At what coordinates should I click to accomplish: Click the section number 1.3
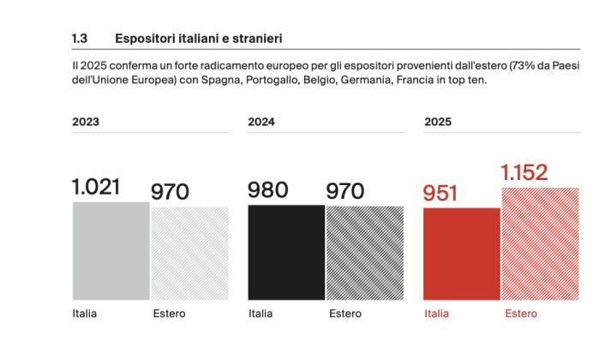tap(81, 39)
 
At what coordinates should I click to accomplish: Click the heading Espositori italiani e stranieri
tap(200, 39)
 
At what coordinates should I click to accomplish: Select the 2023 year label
tap(86, 122)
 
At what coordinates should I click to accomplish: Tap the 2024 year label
tap(261, 122)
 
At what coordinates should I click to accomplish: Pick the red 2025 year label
tap(438, 122)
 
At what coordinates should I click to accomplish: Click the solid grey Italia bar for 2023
tap(111, 250)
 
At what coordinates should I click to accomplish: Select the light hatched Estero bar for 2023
tap(189, 253)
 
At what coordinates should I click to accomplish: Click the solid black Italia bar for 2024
tap(286, 252)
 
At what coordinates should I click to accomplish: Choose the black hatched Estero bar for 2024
tap(364, 252)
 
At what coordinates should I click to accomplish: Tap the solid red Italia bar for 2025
tap(462, 254)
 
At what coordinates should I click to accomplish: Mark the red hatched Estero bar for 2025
tap(541, 243)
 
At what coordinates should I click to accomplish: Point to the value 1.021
tap(96, 187)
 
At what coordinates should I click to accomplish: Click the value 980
tap(267, 190)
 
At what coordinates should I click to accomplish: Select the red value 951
tap(441, 194)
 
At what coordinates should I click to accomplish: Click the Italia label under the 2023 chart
tap(85, 314)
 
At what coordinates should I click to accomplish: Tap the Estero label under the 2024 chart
tap(345, 314)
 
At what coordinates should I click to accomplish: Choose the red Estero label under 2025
tap(521, 314)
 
